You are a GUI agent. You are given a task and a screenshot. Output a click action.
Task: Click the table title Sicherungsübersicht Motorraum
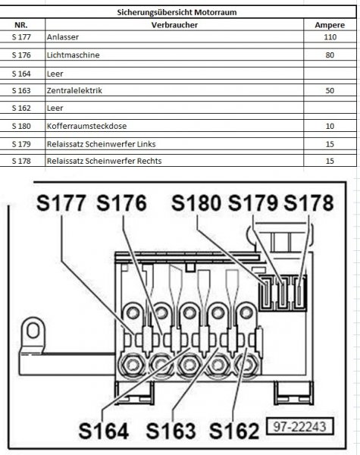(x=177, y=12)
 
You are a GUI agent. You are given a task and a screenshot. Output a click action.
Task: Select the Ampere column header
(x=330, y=25)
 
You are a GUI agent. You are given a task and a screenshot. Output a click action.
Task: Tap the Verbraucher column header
(x=174, y=25)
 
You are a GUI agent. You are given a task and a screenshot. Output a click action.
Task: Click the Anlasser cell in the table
(x=63, y=37)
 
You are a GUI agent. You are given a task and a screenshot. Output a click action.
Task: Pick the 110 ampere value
(x=330, y=37)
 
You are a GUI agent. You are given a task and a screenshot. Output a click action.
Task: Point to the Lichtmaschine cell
(x=73, y=55)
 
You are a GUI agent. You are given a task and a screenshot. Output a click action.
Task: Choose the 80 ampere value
(x=330, y=55)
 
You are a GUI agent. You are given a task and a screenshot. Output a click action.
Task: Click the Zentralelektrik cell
(x=74, y=90)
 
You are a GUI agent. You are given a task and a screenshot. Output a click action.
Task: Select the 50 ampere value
(x=330, y=90)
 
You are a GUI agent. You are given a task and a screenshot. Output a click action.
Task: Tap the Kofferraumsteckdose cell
(x=86, y=126)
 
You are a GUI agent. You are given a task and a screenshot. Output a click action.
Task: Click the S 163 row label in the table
(x=21, y=90)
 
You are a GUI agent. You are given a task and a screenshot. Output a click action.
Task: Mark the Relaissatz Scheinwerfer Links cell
(x=102, y=144)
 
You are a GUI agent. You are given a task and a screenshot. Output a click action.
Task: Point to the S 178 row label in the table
(x=21, y=161)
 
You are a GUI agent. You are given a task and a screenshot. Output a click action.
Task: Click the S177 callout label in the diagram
(x=61, y=202)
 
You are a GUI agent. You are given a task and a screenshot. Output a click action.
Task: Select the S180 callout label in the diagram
(x=196, y=202)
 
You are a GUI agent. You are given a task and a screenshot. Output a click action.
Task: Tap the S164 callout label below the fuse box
(x=104, y=431)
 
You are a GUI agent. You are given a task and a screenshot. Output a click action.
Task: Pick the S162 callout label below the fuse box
(x=234, y=431)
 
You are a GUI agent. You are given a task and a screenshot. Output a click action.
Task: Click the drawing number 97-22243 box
(x=300, y=426)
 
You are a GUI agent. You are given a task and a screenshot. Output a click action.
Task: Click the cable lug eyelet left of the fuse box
(x=33, y=331)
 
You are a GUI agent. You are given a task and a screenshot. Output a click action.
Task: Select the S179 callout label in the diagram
(x=253, y=202)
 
